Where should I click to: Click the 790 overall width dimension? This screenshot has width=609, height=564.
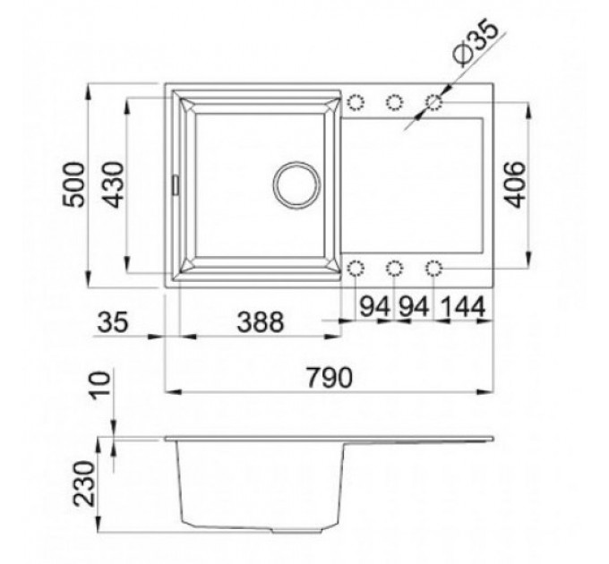pos(330,377)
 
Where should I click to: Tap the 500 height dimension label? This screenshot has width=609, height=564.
pos(73,185)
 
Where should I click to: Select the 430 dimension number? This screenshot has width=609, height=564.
pos(115,185)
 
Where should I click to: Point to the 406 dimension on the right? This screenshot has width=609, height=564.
pos(515,184)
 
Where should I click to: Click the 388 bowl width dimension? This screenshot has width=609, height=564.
pos(261,322)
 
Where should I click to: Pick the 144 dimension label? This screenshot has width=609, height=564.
pos(463,307)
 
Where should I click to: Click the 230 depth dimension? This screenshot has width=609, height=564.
pos(85,483)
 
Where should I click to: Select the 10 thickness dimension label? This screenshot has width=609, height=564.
pos(99,386)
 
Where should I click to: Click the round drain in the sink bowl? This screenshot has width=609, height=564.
pos(296,185)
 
